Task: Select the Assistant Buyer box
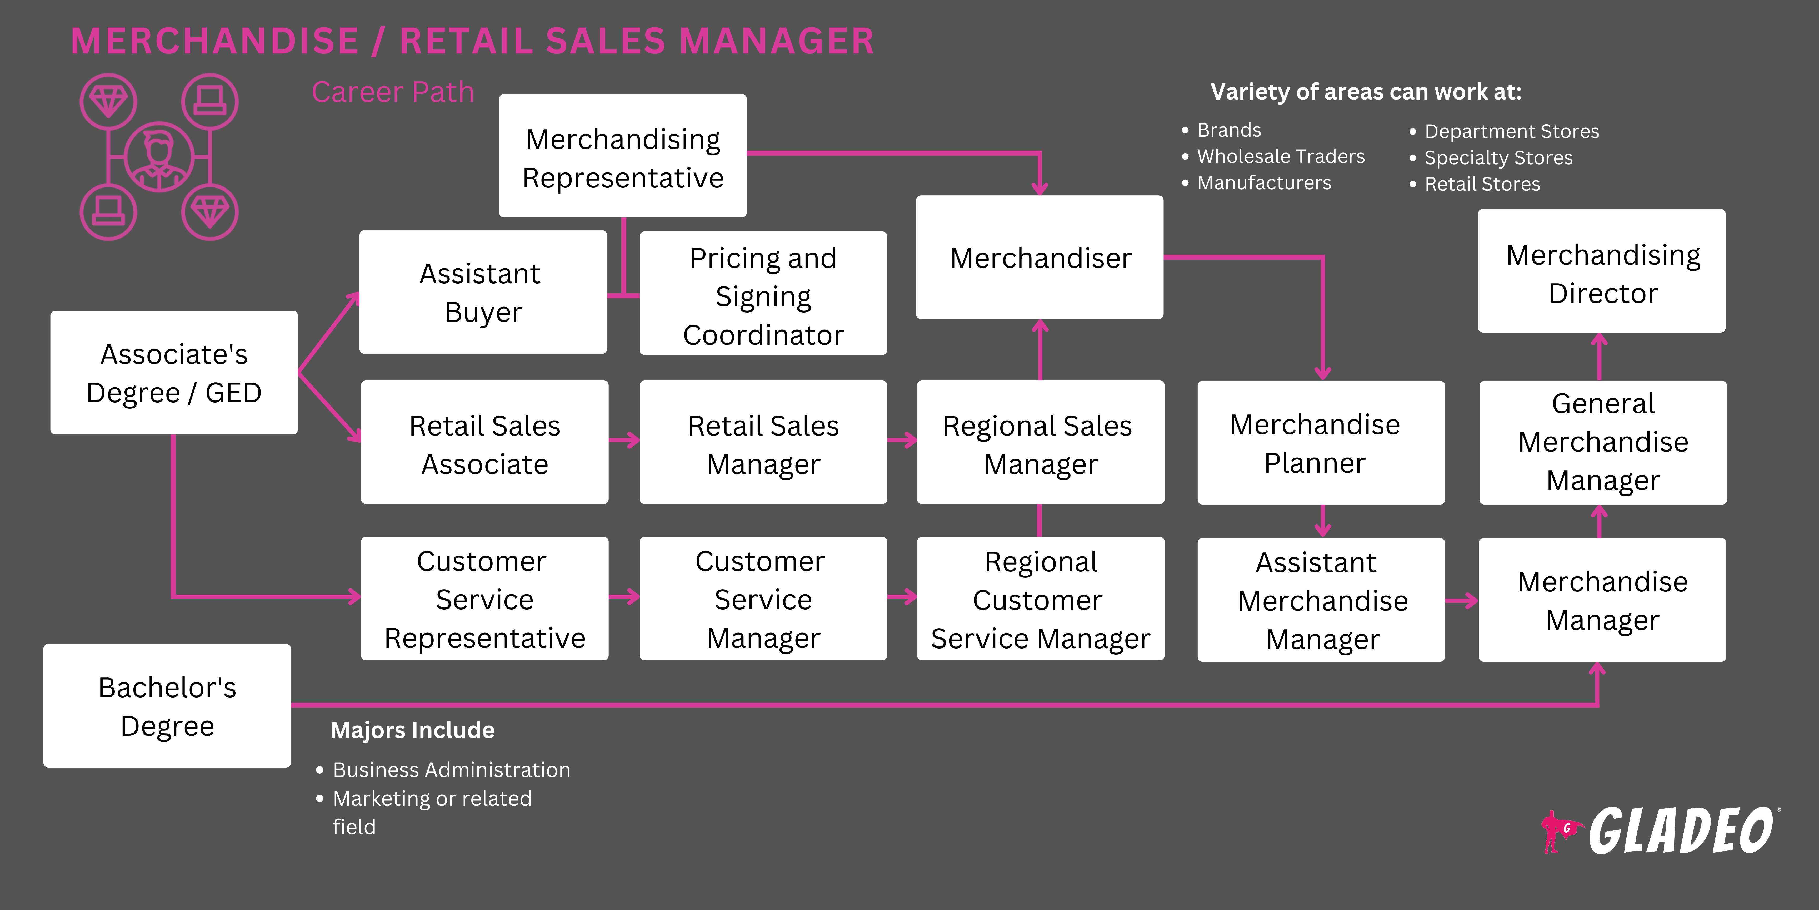(483, 292)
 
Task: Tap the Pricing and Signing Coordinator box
(763, 293)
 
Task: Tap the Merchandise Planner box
(1321, 443)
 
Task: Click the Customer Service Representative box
(484, 599)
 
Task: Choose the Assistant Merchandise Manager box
(1321, 601)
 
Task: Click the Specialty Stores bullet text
(1498, 157)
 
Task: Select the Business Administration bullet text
(451, 769)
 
